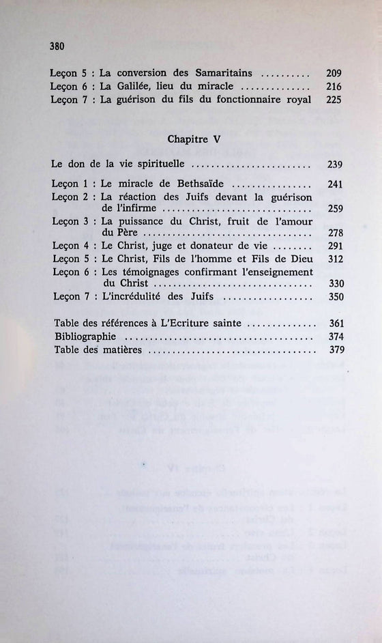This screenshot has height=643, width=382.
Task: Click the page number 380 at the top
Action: [x=57, y=46]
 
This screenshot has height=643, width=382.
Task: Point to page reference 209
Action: [x=334, y=74]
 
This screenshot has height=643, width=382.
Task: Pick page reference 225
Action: [x=334, y=100]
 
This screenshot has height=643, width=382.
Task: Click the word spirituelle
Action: [x=161, y=165]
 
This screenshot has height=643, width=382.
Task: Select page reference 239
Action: [x=334, y=165]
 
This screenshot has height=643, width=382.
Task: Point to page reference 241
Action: [x=334, y=184]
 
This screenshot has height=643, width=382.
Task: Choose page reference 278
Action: [x=334, y=234]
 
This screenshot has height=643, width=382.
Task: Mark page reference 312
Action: [x=334, y=259]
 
